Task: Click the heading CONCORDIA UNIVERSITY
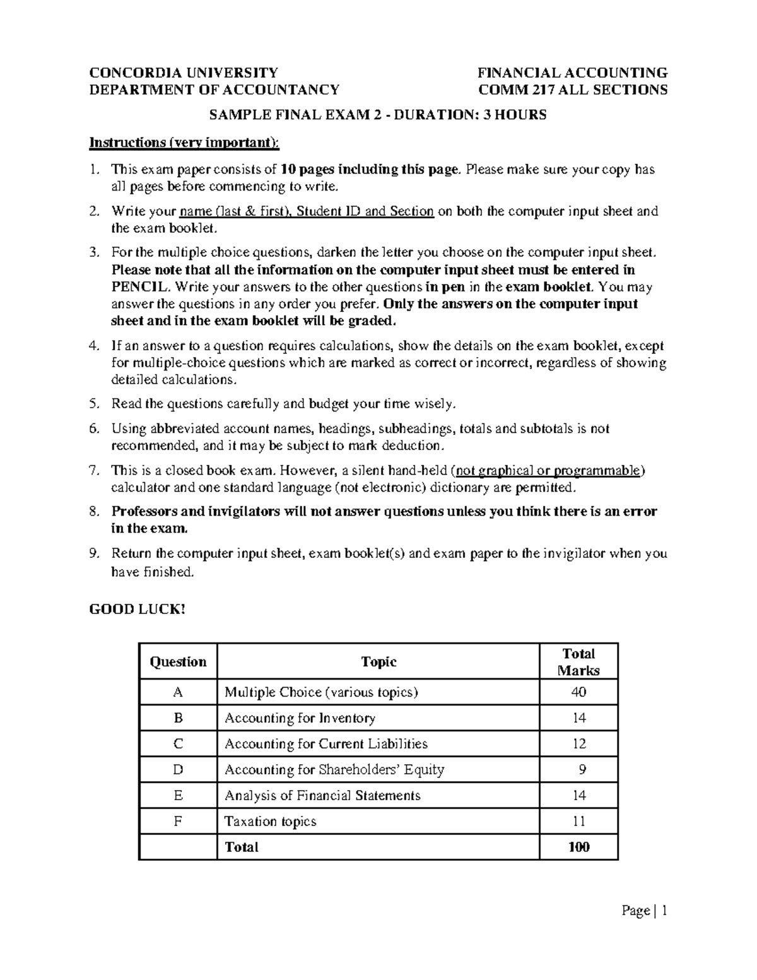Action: click(183, 73)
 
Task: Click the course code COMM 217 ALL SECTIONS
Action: click(573, 90)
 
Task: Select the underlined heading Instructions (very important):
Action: click(184, 142)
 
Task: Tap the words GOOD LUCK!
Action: click(138, 610)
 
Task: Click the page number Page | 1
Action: click(644, 910)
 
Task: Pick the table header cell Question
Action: click(178, 662)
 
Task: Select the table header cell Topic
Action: click(378, 662)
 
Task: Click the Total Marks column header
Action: click(578, 662)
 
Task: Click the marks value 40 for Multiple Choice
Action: click(578, 692)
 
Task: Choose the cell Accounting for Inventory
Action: click(300, 718)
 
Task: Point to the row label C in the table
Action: click(178, 744)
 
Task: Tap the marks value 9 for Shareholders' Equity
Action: click(581, 770)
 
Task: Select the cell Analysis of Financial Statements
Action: click(322, 796)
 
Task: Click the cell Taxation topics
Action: click(270, 822)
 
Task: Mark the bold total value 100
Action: click(578, 847)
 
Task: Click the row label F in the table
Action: click(178, 822)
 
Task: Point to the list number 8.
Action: click(94, 512)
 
